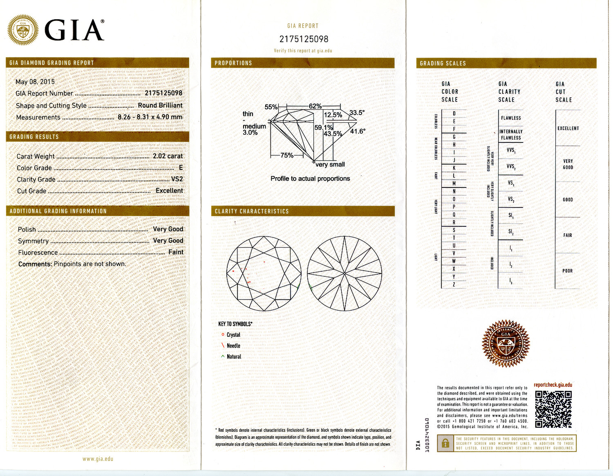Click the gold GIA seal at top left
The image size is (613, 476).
[x=23, y=30]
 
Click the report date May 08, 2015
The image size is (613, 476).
[x=35, y=81]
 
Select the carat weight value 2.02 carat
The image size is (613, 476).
[x=168, y=156]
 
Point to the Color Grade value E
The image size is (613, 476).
[x=181, y=167]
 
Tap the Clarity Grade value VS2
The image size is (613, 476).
[x=177, y=179]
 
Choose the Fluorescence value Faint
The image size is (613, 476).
[x=176, y=252]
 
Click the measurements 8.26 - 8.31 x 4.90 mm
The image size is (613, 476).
[x=150, y=117]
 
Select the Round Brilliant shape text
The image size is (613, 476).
[x=160, y=105]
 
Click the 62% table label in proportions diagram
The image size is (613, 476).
[x=315, y=106]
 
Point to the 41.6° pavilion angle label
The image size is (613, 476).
[x=357, y=131]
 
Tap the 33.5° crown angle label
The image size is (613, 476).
[x=357, y=113]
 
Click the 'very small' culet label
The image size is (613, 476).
[x=330, y=165]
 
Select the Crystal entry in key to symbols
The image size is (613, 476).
[x=233, y=335]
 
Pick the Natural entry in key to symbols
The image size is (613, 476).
[x=234, y=357]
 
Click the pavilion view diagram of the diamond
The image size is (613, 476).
[x=345, y=273]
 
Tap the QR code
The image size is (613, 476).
[x=553, y=409]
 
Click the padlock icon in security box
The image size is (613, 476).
[x=445, y=443]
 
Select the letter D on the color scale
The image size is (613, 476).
[x=454, y=114]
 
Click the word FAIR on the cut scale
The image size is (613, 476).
[x=568, y=235]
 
